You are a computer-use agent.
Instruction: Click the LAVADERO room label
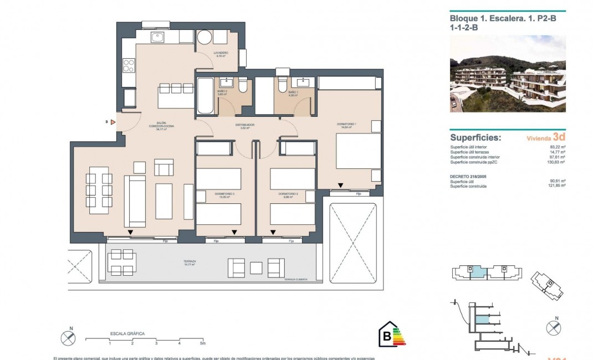[221, 53]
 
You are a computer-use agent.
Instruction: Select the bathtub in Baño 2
[203, 96]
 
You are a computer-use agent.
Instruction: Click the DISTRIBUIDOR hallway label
[244, 125]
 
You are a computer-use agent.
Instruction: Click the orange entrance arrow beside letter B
[113, 122]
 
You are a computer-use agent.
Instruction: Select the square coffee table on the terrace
[256, 268]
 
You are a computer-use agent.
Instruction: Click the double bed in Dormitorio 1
[357, 152]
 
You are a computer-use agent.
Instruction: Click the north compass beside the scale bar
[68, 337]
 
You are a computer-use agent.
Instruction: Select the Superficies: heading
[476, 137]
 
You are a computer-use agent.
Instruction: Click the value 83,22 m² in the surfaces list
[555, 147]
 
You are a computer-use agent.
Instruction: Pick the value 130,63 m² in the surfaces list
[554, 162]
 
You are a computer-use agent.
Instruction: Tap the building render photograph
[508, 74]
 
